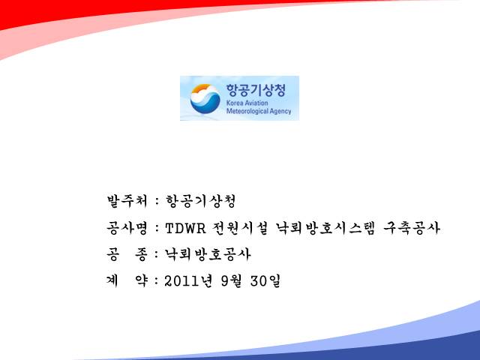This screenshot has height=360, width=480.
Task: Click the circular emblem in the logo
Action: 205,98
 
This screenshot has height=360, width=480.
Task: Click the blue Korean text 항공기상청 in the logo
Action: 256,90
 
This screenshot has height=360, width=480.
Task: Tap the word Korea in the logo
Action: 234,103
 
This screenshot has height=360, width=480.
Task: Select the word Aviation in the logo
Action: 256,103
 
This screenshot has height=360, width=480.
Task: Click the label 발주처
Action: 127,201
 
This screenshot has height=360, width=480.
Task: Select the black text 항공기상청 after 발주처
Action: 200,201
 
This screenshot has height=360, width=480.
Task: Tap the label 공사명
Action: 127,228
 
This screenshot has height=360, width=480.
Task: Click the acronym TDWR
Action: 185,228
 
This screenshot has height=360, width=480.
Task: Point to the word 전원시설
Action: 240,228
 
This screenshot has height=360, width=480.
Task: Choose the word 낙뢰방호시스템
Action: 325,228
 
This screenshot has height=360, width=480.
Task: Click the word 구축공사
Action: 412,228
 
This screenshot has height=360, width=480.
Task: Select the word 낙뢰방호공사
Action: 208,254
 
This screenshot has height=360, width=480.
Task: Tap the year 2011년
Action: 188,280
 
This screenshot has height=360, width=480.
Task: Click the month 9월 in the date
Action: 231,280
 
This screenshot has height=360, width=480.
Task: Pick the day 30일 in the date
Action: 265,280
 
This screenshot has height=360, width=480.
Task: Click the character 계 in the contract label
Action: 112,280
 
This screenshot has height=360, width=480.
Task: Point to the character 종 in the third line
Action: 142,254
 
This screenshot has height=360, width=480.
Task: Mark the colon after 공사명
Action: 157,228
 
